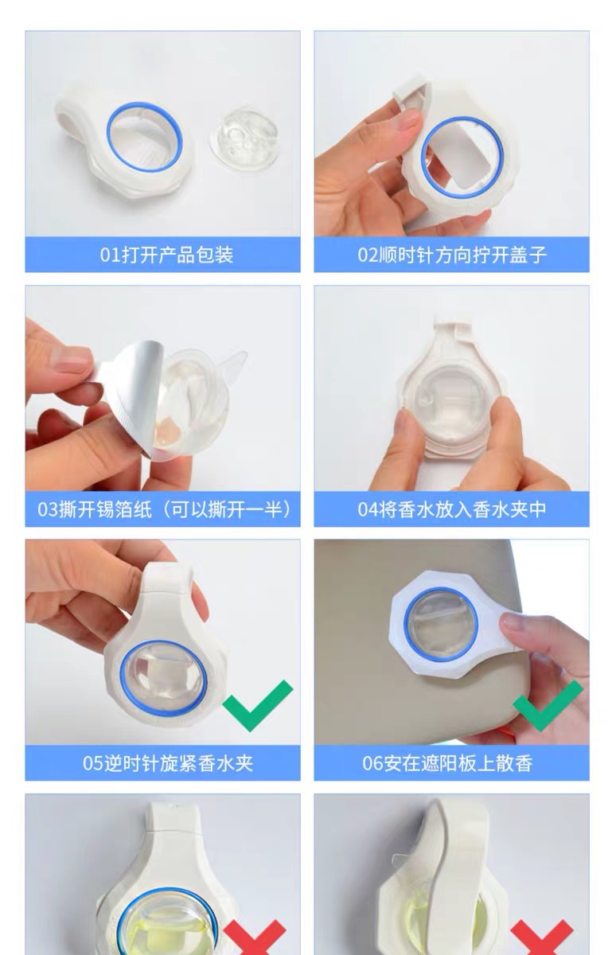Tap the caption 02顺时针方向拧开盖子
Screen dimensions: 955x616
click(451, 255)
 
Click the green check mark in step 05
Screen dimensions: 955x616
click(257, 704)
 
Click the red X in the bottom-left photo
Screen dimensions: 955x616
click(254, 939)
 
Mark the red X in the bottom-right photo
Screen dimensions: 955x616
click(541, 939)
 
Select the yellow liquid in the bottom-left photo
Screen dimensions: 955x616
click(151, 931)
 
